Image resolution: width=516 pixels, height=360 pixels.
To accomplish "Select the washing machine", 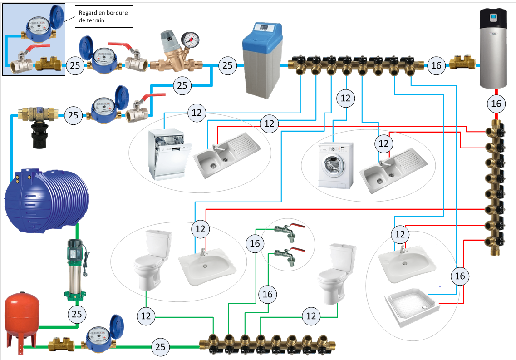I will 335,165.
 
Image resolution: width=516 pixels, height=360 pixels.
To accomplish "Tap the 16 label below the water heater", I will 496,104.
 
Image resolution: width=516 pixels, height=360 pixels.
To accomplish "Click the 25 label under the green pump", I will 76,313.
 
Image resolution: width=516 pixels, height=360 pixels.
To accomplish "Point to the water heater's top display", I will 494,18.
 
